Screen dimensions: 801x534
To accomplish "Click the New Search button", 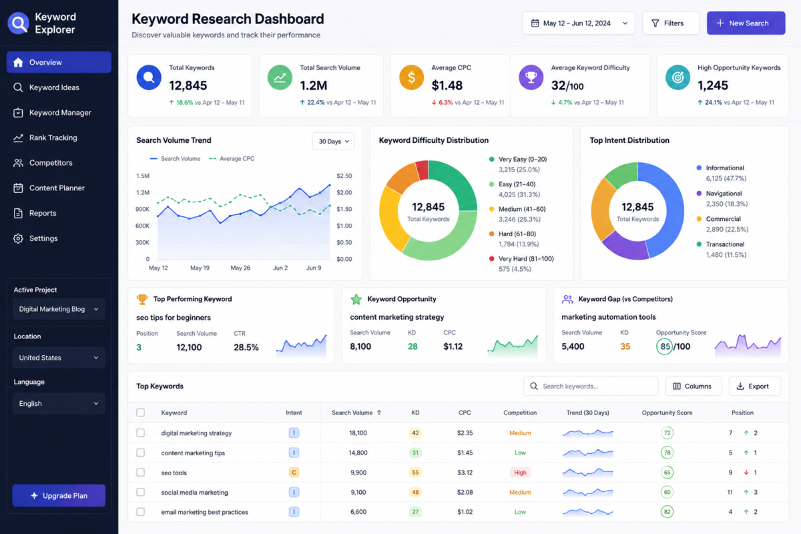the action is pyautogui.click(x=746, y=23).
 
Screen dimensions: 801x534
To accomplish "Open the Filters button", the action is pyautogui.click(x=670, y=23).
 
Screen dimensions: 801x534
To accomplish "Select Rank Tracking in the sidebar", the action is pyautogui.click(x=53, y=138).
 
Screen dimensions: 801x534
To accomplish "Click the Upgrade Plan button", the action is pyautogui.click(x=59, y=495).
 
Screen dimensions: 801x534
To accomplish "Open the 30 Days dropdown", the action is pyautogui.click(x=333, y=142).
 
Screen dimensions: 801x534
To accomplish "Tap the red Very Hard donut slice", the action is pyautogui.click(x=423, y=170).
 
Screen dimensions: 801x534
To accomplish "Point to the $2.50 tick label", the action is pyautogui.click(x=344, y=176).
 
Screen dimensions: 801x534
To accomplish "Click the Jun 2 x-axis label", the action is pyautogui.click(x=280, y=268).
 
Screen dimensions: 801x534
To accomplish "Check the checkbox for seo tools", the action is pyautogui.click(x=141, y=473).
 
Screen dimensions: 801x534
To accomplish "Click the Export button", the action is pyautogui.click(x=754, y=386).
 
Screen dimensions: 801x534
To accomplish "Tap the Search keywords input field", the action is pyautogui.click(x=591, y=386).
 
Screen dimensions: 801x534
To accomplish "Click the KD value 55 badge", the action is pyautogui.click(x=415, y=473).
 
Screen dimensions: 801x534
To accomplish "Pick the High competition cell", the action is pyautogui.click(x=520, y=473).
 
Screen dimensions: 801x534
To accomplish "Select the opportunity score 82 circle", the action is pyautogui.click(x=667, y=512).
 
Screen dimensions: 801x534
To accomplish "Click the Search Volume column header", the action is pyautogui.click(x=352, y=413).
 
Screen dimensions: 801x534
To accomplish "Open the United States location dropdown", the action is pyautogui.click(x=59, y=358).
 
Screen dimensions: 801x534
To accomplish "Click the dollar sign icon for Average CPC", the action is pyautogui.click(x=412, y=77).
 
